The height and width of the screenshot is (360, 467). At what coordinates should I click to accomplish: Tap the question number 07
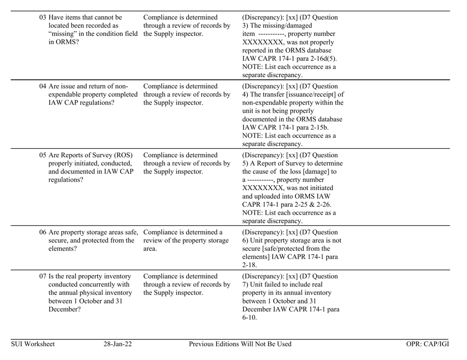[x=43, y=280]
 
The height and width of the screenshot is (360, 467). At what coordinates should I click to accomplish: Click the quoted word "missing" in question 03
[x=63, y=33]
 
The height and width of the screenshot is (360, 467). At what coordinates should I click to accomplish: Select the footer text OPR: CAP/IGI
[x=428, y=344]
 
